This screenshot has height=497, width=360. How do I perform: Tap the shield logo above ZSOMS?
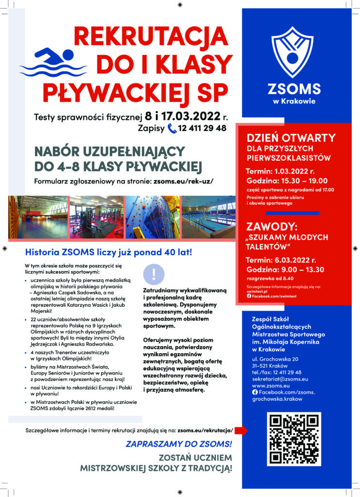(292, 52)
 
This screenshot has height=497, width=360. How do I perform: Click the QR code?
(294, 438)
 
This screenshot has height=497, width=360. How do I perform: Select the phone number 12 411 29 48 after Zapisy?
(203, 129)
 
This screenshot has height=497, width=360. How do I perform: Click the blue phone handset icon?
(171, 129)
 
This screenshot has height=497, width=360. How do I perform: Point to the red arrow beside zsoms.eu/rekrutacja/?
(244, 430)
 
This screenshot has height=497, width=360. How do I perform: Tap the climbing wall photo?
(152, 217)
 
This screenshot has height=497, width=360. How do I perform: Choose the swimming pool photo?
(208, 217)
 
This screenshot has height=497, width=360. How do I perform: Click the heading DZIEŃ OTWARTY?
(291, 137)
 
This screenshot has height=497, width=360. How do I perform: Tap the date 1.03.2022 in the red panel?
(293, 171)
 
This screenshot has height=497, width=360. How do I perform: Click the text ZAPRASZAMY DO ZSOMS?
(179, 444)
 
